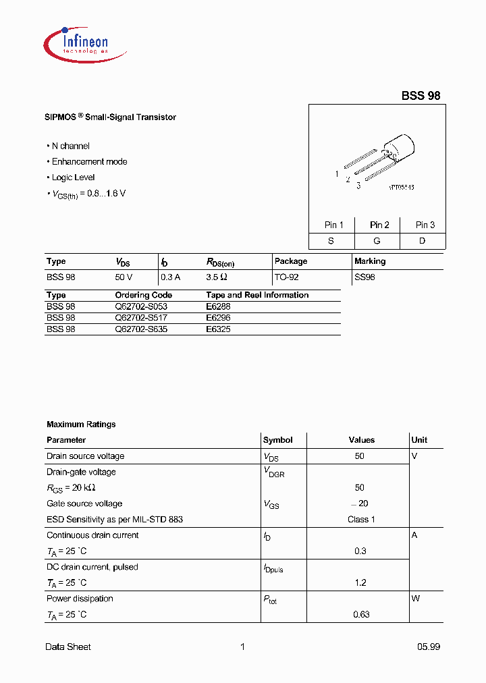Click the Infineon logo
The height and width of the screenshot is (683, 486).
click(76, 42)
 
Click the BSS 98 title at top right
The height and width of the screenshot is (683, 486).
click(421, 96)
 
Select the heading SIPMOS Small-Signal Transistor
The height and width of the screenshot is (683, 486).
click(111, 117)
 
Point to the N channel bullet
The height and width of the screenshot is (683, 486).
click(70, 146)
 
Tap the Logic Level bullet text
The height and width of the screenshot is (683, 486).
click(73, 177)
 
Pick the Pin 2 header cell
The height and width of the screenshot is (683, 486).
click(379, 225)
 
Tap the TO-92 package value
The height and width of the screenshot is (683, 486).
click(287, 277)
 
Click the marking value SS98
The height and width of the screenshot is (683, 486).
click(364, 277)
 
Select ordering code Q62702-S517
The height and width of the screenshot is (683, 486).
click(141, 318)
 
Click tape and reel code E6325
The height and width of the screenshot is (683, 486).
click(218, 329)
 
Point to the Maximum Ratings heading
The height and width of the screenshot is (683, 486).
click(81, 425)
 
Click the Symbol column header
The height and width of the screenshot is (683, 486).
click(277, 440)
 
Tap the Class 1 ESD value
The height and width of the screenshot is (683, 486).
click(361, 520)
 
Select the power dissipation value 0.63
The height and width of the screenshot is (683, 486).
click(361, 615)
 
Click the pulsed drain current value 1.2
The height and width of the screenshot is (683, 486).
click(361, 583)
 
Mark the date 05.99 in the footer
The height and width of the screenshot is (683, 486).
click(428, 647)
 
